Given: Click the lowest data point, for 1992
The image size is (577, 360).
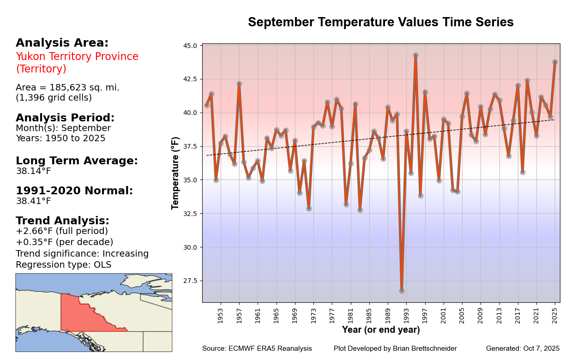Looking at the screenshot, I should [x=402, y=291].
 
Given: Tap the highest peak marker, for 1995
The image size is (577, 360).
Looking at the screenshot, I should [x=415, y=55].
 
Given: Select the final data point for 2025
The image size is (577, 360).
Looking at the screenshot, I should [x=555, y=62].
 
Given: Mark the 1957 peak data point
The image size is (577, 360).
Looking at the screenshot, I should [x=239, y=84].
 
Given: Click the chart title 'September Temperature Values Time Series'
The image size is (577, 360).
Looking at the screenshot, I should [x=380, y=22].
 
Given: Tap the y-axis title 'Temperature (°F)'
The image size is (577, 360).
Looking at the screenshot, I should [x=175, y=173].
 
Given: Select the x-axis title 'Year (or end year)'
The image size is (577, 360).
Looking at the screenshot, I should [x=381, y=330].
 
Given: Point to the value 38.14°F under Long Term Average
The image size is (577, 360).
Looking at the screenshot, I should [x=33, y=171].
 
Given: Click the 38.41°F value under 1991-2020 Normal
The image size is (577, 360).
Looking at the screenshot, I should [x=33, y=201].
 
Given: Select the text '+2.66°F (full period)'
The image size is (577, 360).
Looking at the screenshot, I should [x=61, y=231].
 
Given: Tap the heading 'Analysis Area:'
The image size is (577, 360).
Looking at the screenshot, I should [x=62, y=43].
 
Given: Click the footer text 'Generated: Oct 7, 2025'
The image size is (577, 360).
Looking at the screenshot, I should [x=523, y=348].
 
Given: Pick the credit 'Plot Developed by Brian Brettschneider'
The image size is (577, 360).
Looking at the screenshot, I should [x=395, y=348].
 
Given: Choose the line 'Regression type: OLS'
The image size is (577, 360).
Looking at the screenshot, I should [x=63, y=265].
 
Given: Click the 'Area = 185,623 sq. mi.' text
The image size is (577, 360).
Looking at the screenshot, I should [x=67, y=88].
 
